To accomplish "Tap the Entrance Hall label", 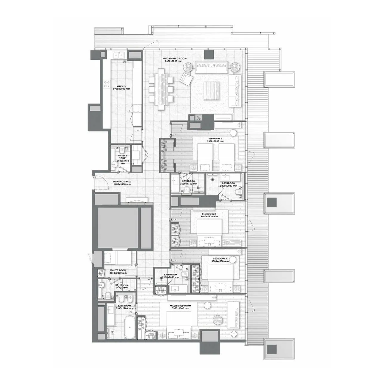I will (122, 181).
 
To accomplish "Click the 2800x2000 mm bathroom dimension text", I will (228, 186).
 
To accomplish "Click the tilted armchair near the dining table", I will (187, 78).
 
